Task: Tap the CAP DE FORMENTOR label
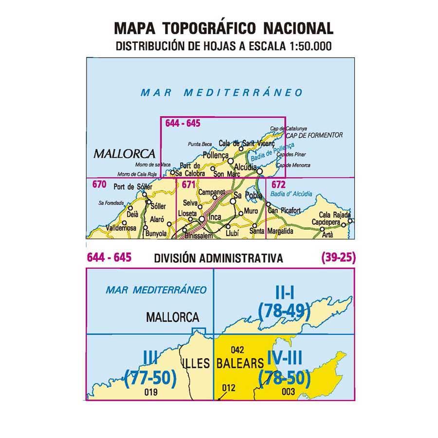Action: [314, 135]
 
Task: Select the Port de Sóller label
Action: [132, 187]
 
